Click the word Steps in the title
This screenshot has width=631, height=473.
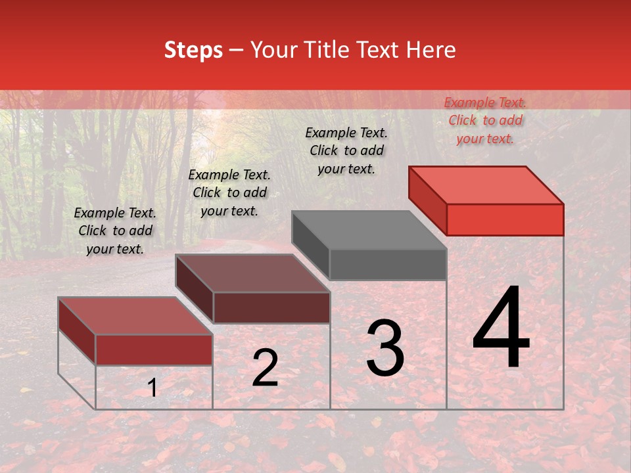193,50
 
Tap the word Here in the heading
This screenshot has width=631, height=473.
431,50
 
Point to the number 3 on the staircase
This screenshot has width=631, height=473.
385,348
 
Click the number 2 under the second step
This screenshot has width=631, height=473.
265,368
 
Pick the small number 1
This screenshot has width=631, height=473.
152,388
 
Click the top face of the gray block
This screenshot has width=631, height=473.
369,230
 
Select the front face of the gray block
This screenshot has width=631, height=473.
388,265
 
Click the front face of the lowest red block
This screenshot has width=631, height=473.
154,349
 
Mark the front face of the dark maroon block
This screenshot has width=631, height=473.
271,307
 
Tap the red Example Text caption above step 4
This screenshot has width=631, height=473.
485,120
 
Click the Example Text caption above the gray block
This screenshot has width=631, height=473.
346,150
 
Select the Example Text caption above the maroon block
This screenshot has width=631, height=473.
229,192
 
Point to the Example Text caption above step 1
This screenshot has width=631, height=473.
115,231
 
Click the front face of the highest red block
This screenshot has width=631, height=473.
505,219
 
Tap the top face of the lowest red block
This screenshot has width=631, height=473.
135,316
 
